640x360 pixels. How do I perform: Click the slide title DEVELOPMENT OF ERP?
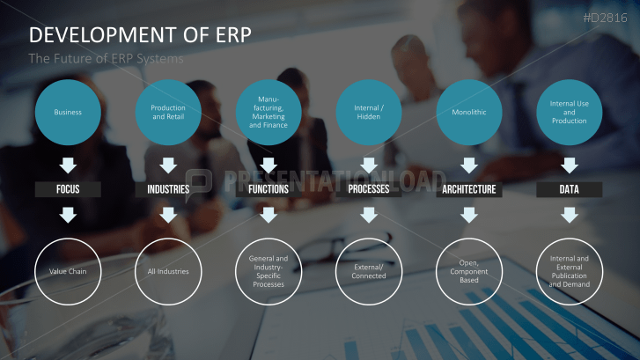pos(140,34)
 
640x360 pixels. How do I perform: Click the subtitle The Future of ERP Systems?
pos(107,59)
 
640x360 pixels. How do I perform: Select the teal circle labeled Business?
pos(68,113)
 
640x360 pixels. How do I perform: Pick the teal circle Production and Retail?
pos(168,113)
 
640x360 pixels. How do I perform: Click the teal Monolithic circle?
pos(469,113)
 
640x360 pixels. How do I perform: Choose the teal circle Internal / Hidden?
pos(369,113)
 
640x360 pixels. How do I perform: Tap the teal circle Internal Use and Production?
pos(570,113)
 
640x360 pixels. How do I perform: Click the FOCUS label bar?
pos(68,189)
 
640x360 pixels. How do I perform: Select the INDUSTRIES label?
pos(168,189)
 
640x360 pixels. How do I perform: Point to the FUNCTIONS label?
pos(269,189)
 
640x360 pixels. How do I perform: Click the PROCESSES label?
pos(369,189)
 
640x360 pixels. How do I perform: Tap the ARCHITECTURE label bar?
pos(469,189)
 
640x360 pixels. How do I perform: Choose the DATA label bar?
pos(570,189)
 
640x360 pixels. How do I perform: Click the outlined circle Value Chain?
pos(68,271)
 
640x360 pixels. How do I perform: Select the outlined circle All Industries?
pos(168,271)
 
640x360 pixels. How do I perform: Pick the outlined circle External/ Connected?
pos(369,271)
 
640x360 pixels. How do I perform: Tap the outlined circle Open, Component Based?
pos(469,271)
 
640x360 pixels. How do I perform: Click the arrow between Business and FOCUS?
pos(68,165)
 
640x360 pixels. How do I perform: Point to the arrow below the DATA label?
pos(570,214)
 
